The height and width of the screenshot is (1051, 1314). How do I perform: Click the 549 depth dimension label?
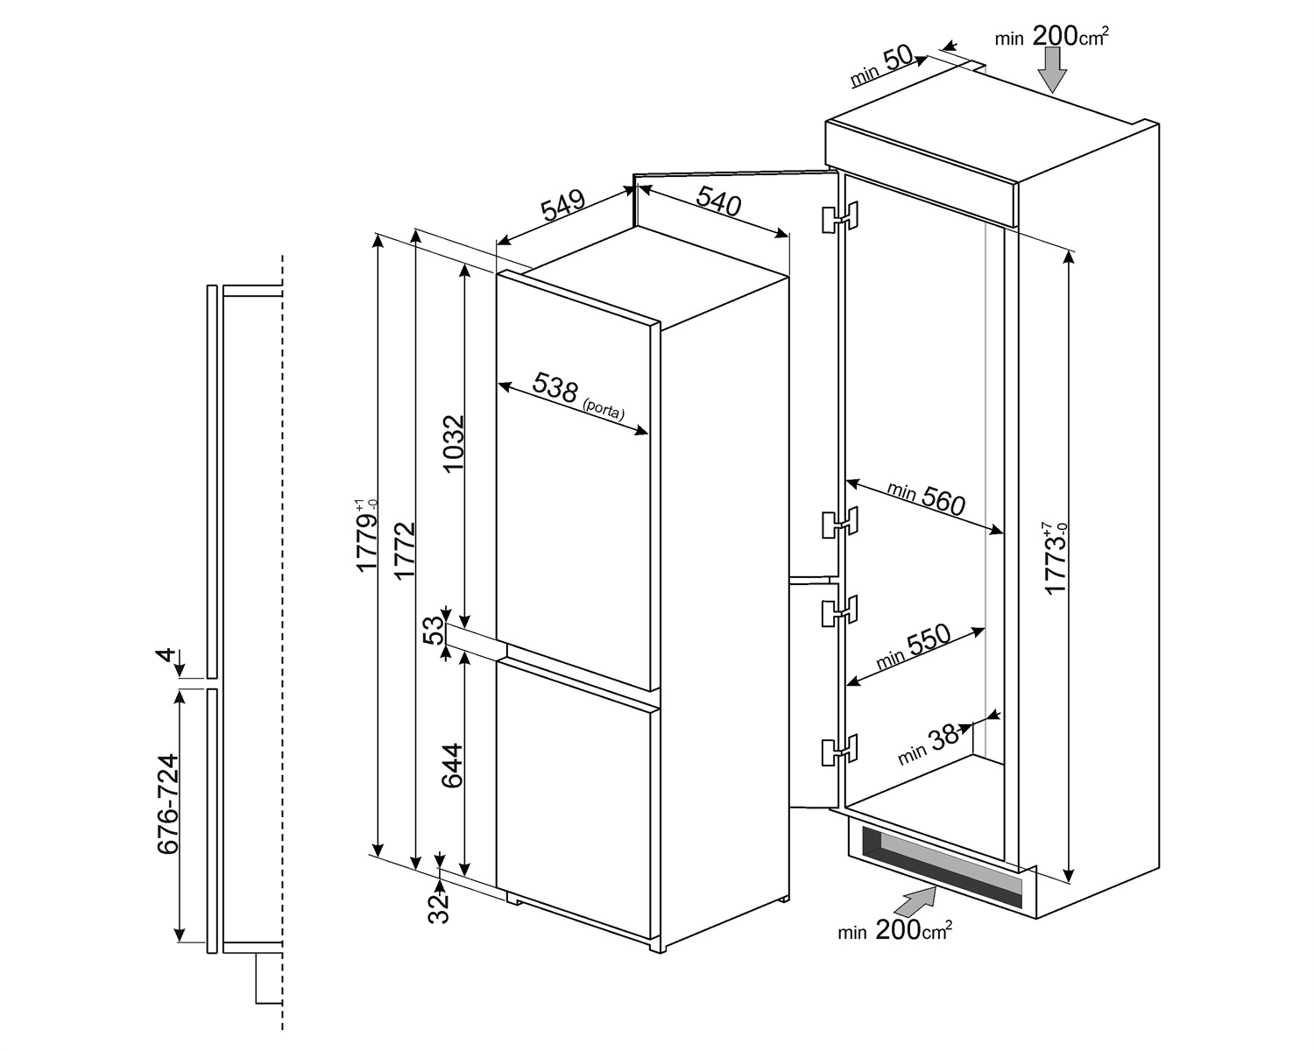click(563, 205)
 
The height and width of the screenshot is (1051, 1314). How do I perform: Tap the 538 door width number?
click(555, 387)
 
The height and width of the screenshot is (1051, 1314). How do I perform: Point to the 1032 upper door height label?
click(454, 443)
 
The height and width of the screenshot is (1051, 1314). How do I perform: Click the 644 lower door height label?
click(452, 765)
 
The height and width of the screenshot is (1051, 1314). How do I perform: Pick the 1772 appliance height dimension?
click(404, 550)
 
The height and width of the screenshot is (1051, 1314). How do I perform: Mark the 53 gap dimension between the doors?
click(434, 631)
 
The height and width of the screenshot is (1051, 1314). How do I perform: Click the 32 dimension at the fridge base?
click(438, 909)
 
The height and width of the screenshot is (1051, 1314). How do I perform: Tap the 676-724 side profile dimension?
click(168, 804)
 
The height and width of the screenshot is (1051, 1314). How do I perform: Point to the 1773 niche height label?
click(1055, 558)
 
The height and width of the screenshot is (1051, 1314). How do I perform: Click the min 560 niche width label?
click(926, 499)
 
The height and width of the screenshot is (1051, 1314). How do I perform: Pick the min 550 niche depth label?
click(914, 646)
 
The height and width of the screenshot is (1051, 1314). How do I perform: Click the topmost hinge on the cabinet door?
click(839, 217)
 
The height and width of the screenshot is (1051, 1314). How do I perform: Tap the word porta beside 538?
click(604, 409)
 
